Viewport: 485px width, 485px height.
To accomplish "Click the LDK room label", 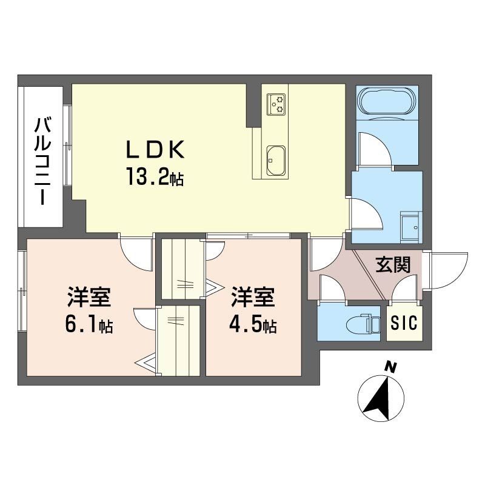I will click(x=155, y=149).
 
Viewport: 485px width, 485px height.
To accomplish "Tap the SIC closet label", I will click(x=404, y=324).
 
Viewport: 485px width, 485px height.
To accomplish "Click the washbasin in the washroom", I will click(x=412, y=226).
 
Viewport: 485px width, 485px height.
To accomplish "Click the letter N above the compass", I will click(x=392, y=367).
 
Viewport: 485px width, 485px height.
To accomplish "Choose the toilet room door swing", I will click(x=331, y=289).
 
